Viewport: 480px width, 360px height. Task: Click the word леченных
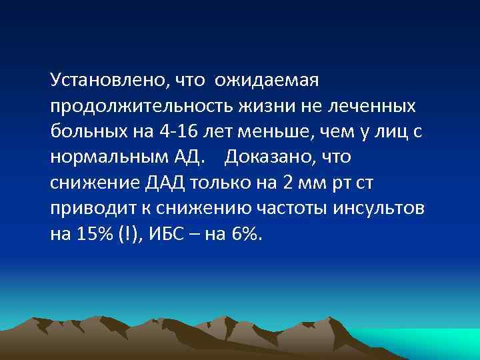point(379,107)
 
